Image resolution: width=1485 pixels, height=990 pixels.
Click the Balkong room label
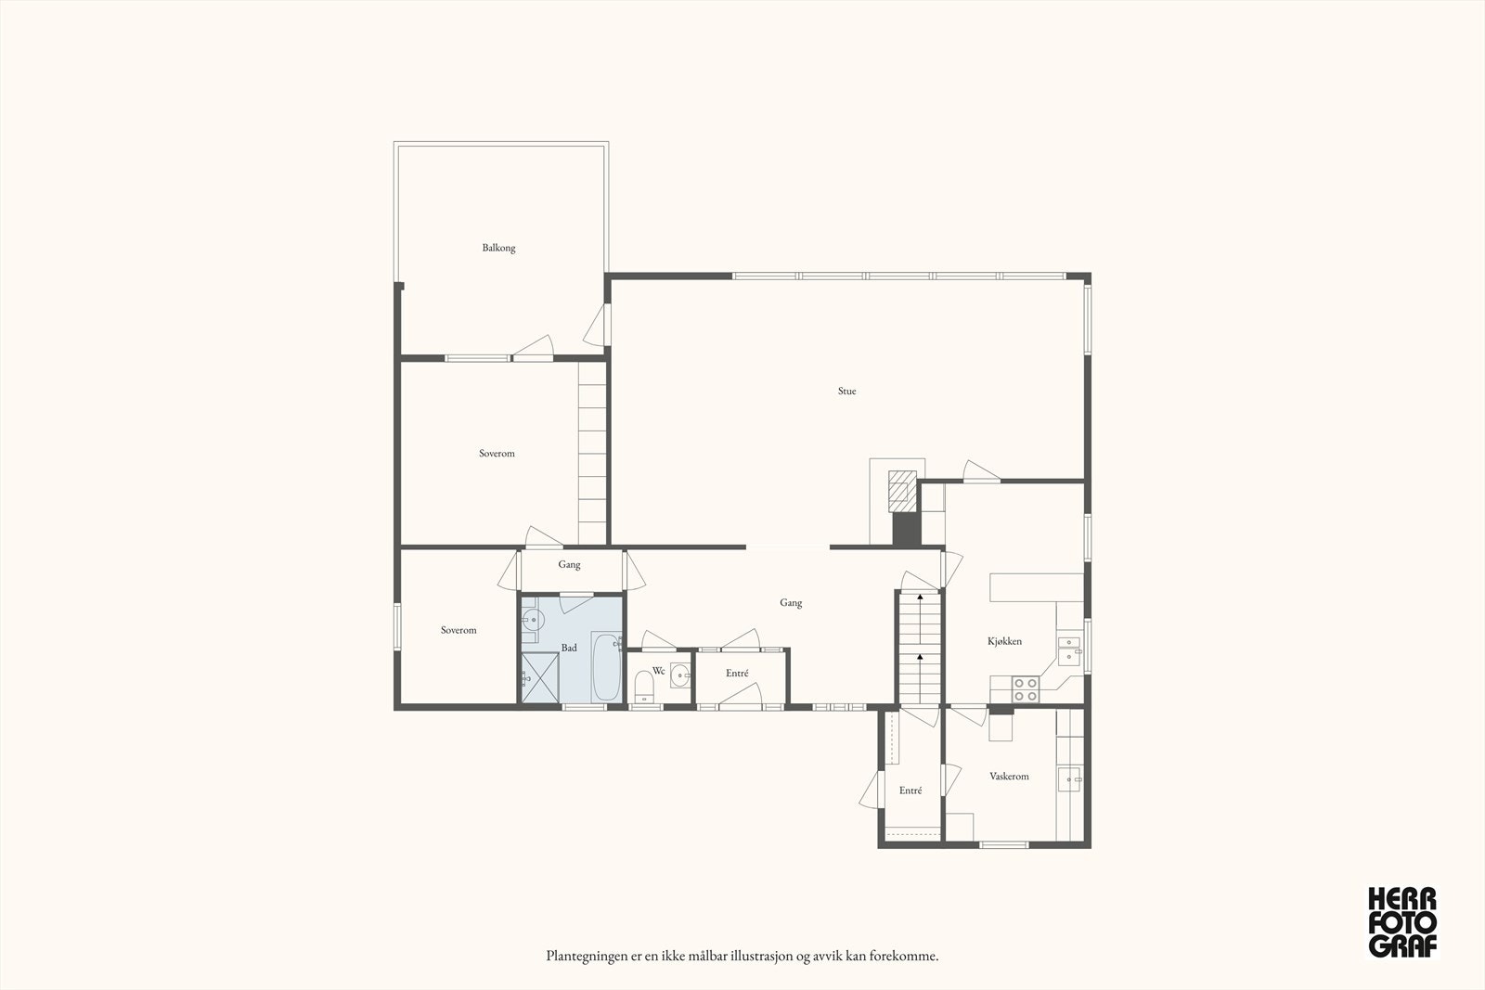point(498,248)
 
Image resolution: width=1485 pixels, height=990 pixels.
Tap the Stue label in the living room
point(846,392)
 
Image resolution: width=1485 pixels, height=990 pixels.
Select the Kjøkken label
point(1004,641)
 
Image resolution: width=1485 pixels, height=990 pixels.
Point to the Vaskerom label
point(1009,777)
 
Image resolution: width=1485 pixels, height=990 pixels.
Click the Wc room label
point(658,670)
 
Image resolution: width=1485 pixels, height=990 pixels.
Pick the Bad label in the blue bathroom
point(569,648)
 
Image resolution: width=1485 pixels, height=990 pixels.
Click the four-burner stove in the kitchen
point(1025,688)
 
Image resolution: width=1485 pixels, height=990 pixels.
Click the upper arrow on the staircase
point(920,599)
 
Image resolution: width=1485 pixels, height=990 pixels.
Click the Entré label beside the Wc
point(737,674)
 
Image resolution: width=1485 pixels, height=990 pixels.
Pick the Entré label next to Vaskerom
point(910,791)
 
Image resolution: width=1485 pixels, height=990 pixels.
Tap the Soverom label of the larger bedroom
point(497,454)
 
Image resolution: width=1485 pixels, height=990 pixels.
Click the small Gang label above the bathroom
point(569,565)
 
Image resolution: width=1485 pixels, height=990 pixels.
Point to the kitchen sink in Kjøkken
point(1069,648)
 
